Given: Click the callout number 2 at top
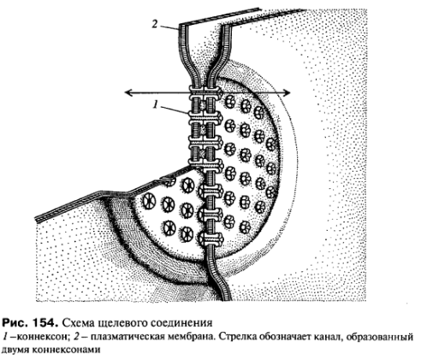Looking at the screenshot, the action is coord(154,24).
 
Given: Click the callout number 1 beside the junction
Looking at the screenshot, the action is coord(156,104).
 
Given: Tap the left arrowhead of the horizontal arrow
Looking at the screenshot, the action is coord(128,92).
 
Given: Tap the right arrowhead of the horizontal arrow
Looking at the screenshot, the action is coord(287,92).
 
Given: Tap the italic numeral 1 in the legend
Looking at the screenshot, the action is coord(5,337).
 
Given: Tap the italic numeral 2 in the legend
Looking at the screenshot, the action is coord(77,337).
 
